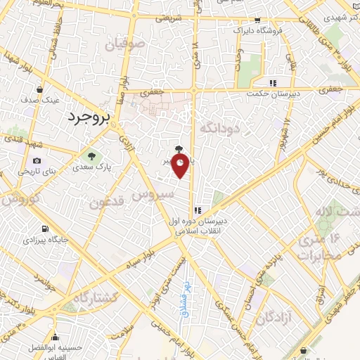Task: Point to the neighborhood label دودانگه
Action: pyautogui.click(x=220, y=128)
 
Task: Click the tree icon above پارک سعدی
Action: pyautogui.click(x=89, y=155)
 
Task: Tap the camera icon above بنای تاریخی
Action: pyautogui.click(x=37, y=161)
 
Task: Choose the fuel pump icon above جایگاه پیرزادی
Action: pyautogui.click(x=46, y=229)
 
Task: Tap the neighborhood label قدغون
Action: pyautogui.click(x=108, y=202)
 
